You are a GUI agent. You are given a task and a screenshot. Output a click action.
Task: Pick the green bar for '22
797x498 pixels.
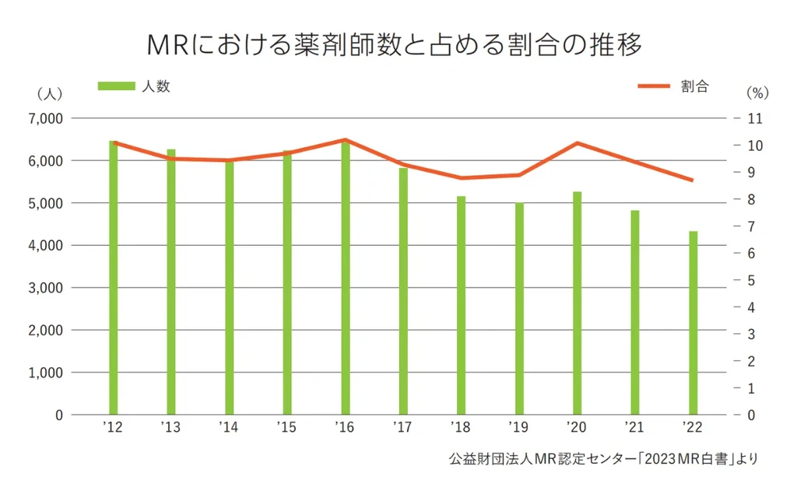point(693,323)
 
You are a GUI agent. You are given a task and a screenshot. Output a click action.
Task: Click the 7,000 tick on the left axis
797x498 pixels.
point(46,119)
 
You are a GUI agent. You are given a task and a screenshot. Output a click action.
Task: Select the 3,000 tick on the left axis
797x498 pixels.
point(46,288)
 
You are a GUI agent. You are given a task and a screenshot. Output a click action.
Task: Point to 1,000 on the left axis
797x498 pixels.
point(46,373)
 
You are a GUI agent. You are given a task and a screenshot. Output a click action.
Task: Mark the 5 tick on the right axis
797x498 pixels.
point(752,280)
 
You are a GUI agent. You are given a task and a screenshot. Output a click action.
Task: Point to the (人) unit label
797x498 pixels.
point(48,93)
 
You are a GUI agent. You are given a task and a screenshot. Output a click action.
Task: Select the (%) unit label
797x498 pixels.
point(757,93)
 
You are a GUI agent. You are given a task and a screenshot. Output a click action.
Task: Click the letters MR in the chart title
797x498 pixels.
point(169,44)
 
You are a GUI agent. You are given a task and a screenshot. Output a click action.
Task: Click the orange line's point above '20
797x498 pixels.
point(578,143)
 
